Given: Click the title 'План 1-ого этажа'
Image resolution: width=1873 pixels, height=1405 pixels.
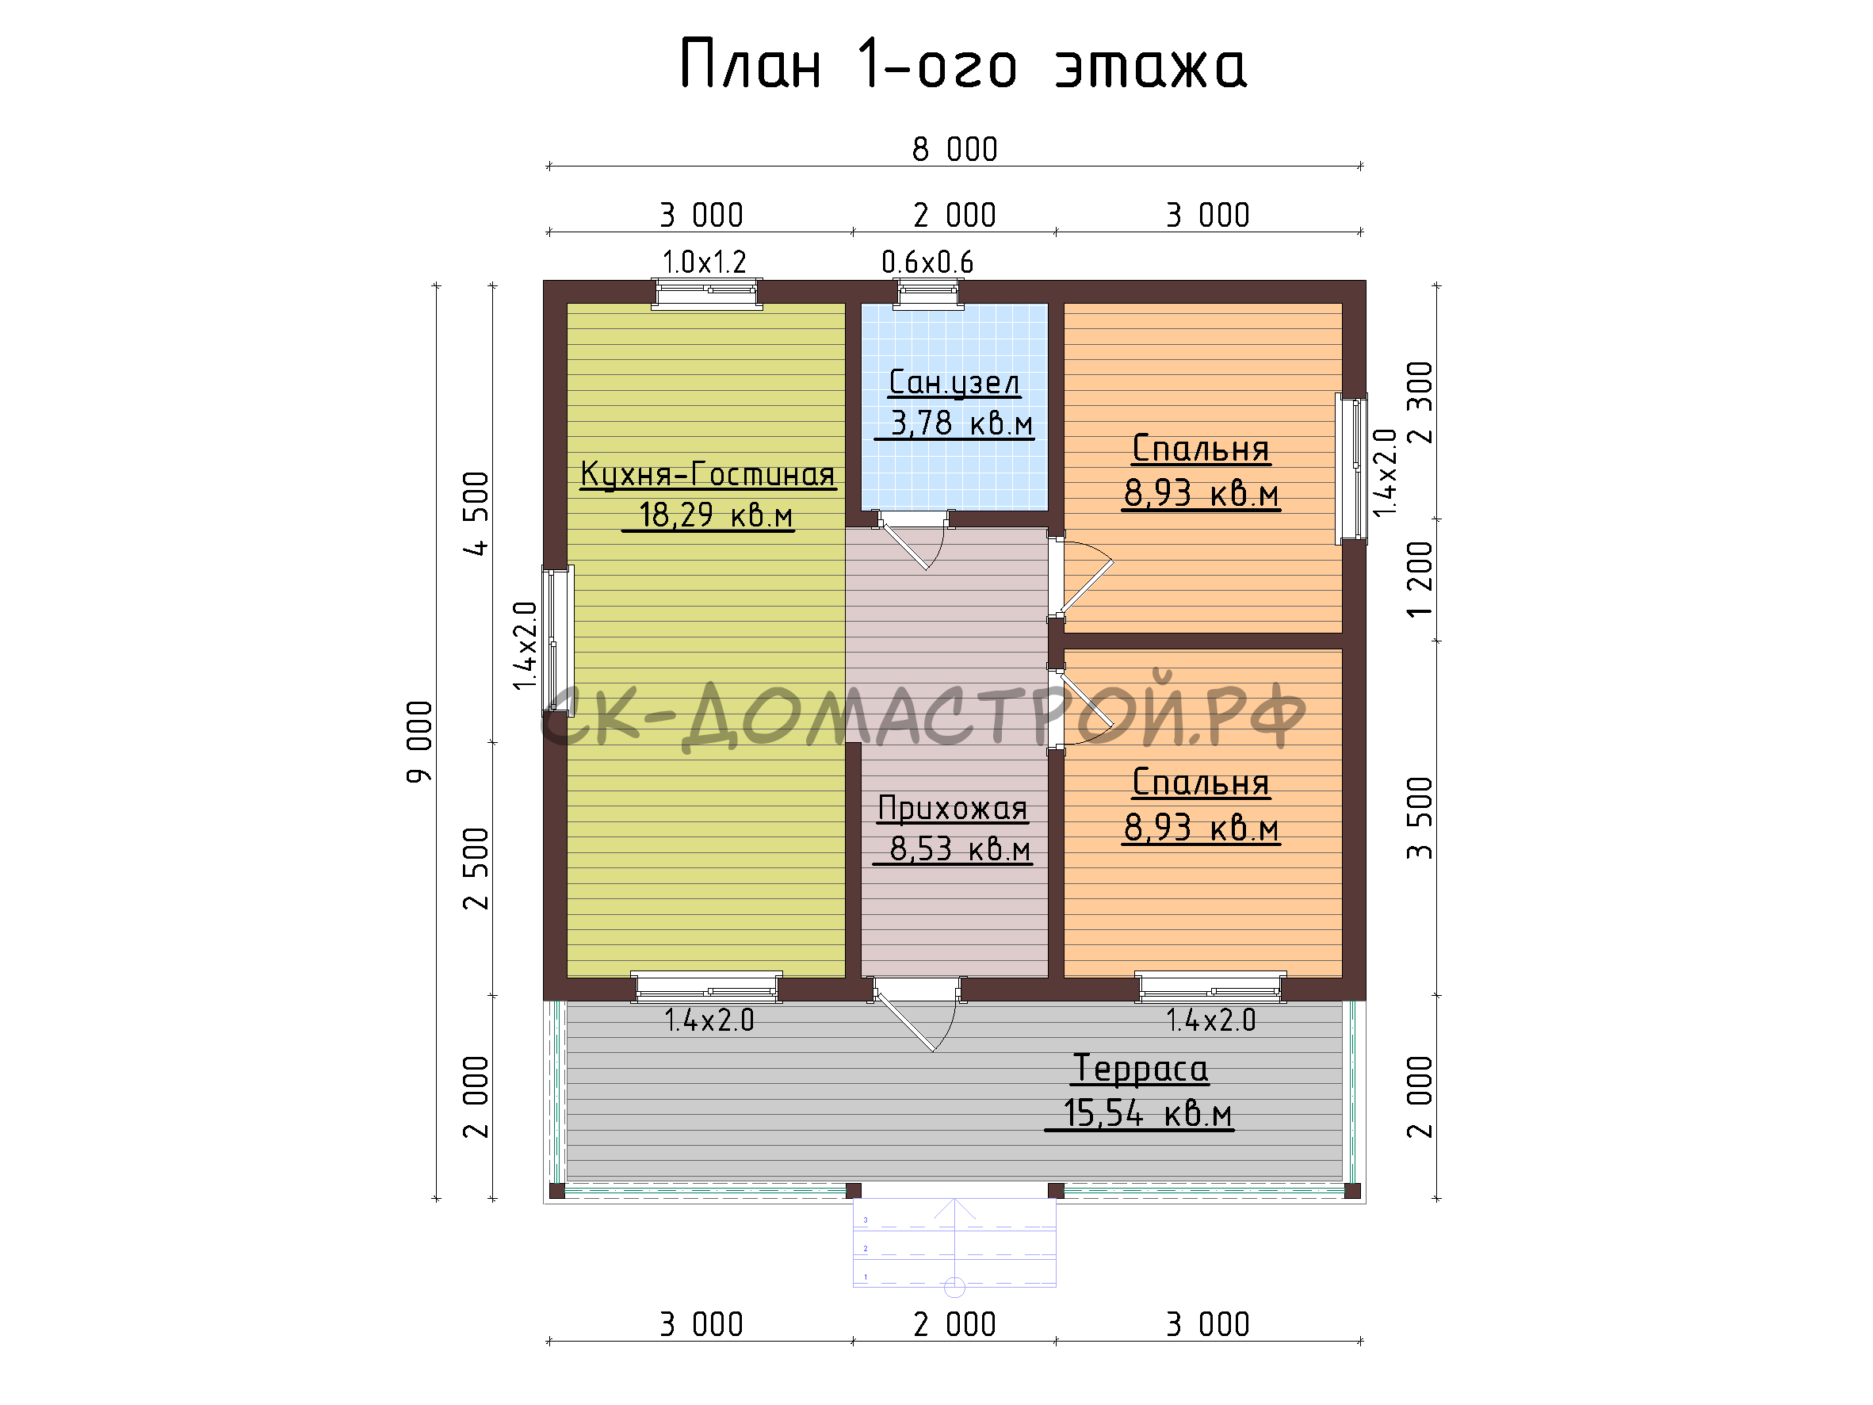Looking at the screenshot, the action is pyautogui.click(x=963, y=64).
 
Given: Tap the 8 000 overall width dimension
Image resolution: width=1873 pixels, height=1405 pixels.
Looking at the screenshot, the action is pyautogui.click(x=954, y=150).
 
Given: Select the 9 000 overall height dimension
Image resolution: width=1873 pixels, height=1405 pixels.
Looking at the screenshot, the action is pyautogui.click(x=420, y=742).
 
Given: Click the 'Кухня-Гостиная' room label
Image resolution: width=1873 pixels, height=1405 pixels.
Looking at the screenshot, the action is pyautogui.click(x=708, y=474).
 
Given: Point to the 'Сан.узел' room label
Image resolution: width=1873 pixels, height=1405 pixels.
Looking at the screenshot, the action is pyautogui.click(x=954, y=383).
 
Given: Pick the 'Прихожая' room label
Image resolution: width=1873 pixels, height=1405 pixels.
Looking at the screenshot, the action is pyautogui.click(x=953, y=808).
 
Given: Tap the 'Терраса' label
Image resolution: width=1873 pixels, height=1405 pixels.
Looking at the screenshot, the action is pyautogui.click(x=1140, y=1069).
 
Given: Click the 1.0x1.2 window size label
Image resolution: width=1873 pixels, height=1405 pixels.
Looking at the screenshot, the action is pyautogui.click(x=705, y=262).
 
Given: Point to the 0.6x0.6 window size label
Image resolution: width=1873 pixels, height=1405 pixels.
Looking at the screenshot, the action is pyautogui.click(x=928, y=262).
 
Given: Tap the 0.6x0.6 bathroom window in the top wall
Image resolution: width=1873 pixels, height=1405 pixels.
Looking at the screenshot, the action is pyautogui.click(x=930, y=293).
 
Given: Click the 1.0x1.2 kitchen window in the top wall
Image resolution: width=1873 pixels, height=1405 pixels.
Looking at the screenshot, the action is pyautogui.click(x=706, y=293).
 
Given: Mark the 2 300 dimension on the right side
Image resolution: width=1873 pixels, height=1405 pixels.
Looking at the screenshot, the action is pyautogui.click(x=1420, y=402).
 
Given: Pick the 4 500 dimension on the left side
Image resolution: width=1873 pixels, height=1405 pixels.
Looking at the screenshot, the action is pyautogui.click(x=476, y=513).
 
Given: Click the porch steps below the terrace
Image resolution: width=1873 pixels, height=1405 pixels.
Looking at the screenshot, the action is pyautogui.click(x=954, y=1242).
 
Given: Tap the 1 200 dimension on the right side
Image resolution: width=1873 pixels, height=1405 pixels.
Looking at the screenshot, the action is pyautogui.click(x=1420, y=580).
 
